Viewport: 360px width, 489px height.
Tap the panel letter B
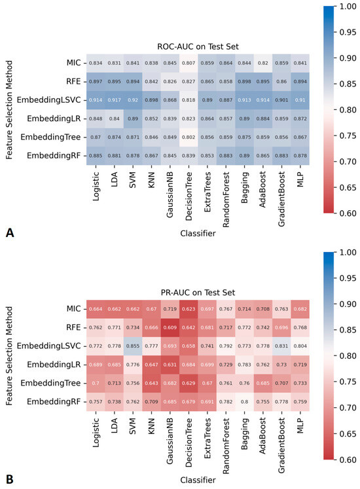point(10,479)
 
